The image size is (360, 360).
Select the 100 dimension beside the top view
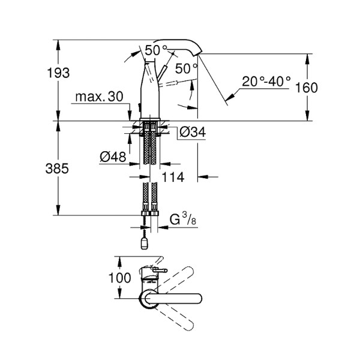(121, 278)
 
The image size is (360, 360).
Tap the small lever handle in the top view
(157, 274)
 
